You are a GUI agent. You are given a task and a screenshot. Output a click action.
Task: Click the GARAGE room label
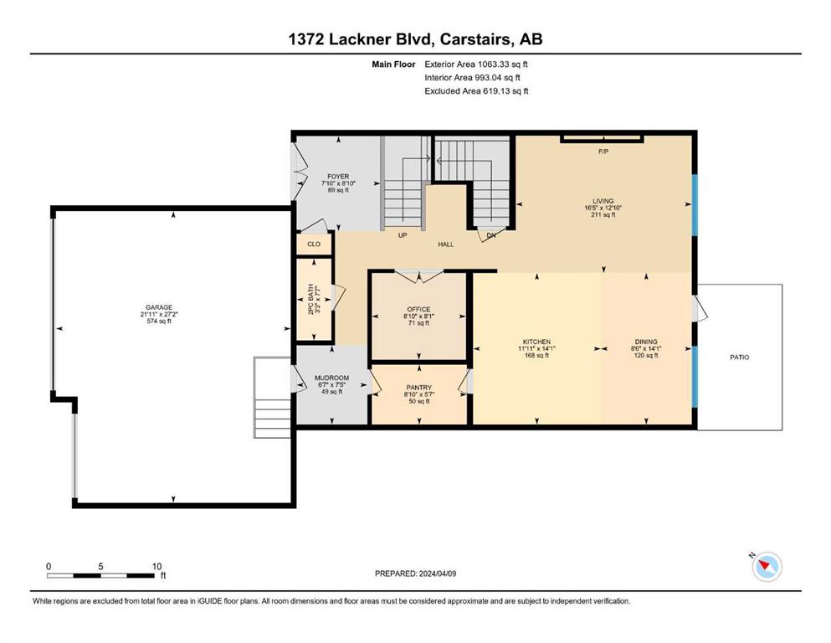pos(159,307)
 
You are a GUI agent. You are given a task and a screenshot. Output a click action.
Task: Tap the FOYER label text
pos(338,177)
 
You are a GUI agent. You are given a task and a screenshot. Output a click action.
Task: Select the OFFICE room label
pos(418,310)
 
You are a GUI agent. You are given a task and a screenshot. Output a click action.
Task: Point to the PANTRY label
pos(418,388)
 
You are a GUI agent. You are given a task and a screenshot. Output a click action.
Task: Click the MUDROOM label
pos(331,378)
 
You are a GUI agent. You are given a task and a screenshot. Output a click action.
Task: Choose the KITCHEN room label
pos(537,342)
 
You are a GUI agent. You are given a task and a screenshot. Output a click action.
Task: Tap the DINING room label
pos(646,342)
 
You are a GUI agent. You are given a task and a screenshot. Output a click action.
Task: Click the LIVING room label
pos(603,202)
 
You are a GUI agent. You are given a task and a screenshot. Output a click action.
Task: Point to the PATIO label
pos(740,358)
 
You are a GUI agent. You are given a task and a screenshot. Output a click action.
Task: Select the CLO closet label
pos(314,244)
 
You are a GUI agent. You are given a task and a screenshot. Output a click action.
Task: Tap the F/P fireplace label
pos(603,152)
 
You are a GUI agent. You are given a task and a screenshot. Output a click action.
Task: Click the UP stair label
pos(403,234)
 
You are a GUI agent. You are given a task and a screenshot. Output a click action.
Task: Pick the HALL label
pos(446,244)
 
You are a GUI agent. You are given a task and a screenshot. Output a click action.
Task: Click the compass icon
pos(767,566)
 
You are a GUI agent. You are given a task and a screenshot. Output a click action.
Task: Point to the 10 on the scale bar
pos(156,566)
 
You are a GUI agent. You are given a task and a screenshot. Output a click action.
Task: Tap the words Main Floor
pos(393,64)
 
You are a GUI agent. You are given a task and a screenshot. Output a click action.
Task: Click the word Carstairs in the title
pos(476,39)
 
